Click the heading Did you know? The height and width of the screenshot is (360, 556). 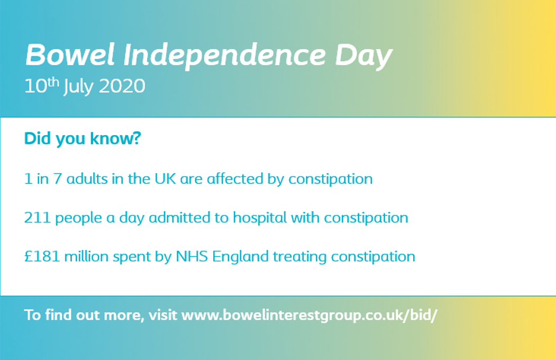(82, 139)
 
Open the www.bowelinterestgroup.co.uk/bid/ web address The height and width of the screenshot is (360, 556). (309, 316)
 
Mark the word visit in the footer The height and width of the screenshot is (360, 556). (162, 316)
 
